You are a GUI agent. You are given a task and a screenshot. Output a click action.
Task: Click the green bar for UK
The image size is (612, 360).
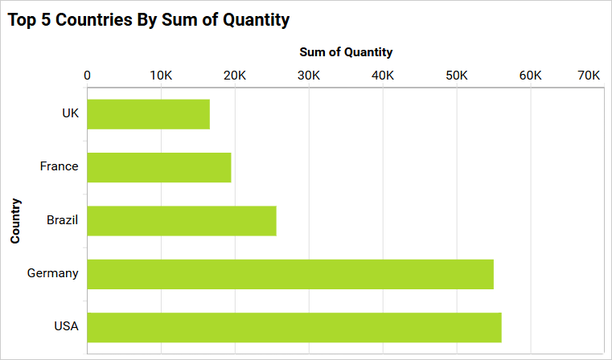(148, 114)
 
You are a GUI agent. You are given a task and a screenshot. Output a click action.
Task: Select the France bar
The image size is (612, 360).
(159, 167)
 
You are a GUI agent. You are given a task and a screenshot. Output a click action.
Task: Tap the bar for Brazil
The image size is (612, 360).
(182, 221)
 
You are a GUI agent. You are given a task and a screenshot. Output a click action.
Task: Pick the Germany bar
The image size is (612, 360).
(290, 274)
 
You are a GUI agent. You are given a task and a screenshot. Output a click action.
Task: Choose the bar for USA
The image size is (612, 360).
(294, 327)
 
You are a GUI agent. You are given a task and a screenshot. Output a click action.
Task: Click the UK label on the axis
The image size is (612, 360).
(70, 113)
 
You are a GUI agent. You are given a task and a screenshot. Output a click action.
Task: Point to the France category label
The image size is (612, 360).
(59, 166)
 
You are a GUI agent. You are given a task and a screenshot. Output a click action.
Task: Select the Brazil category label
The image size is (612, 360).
(62, 219)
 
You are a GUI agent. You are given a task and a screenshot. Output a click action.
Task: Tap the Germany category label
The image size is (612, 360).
(52, 273)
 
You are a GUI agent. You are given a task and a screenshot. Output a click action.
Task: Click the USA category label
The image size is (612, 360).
(66, 326)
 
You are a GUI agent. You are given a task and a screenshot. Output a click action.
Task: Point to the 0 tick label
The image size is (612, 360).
(87, 76)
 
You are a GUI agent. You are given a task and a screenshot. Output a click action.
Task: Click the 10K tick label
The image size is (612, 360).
(161, 76)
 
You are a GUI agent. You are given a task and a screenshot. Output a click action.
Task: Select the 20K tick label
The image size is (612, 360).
(235, 76)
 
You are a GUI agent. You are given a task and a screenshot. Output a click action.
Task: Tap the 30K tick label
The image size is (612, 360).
(309, 76)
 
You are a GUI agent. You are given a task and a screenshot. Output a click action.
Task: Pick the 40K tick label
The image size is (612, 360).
(383, 76)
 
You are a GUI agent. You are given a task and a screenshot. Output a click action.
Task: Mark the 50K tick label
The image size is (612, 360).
(457, 76)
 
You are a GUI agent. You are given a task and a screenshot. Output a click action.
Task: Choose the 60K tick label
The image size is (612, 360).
(531, 76)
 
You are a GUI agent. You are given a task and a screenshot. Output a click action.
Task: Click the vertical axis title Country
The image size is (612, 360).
(15, 220)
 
